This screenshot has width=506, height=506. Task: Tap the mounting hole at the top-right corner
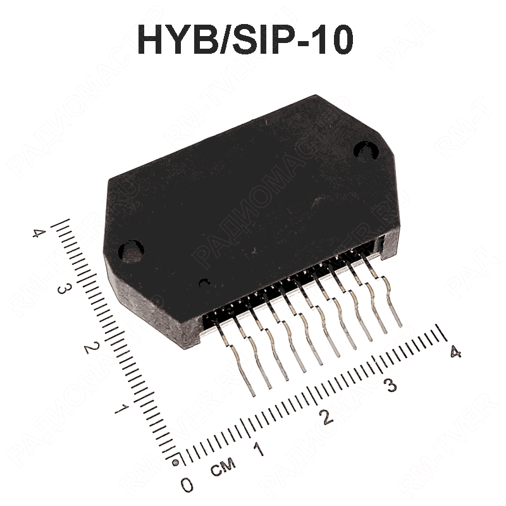tap(365, 150)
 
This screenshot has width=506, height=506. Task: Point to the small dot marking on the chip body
tap(203, 283)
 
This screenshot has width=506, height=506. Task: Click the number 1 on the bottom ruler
tap(258, 450)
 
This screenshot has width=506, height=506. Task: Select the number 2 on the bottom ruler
tap(326, 417)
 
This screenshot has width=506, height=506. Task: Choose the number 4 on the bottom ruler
tap(454, 353)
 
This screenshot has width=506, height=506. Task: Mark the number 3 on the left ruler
tap(63, 289)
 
